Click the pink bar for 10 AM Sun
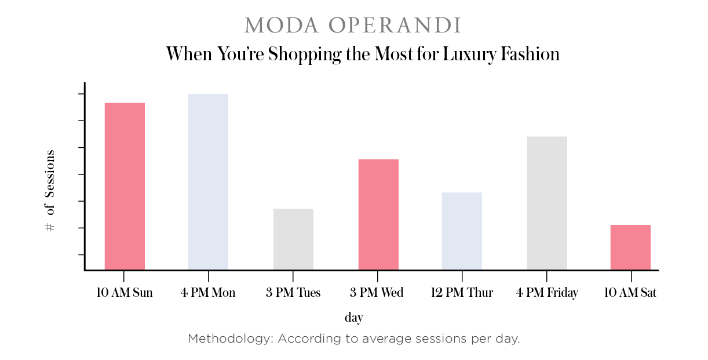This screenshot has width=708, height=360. (x=125, y=186)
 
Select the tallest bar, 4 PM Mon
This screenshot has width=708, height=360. (x=209, y=181)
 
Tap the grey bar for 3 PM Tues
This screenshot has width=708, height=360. (x=293, y=239)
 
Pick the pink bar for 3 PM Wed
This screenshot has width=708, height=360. (x=378, y=214)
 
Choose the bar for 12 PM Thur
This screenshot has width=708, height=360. (x=462, y=231)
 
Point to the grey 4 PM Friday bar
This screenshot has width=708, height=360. (x=547, y=203)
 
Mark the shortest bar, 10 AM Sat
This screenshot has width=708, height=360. (x=630, y=247)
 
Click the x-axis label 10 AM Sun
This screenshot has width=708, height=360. (x=124, y=292)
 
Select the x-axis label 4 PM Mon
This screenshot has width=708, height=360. (x=208, y=292)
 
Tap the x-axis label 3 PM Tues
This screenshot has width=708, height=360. (x=293, y=292)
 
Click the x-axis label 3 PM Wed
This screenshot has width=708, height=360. (x=377, y=292)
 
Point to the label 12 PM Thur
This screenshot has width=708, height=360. (x=462, y=292)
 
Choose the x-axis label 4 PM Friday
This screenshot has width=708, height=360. (x=547, y=293)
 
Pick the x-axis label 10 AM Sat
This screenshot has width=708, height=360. (x=630, y=292)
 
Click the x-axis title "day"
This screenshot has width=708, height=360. (x=353, y=318)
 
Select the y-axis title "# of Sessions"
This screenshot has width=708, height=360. (x=50, y=191)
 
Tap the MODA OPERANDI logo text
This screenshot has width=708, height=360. (x=353, y=26)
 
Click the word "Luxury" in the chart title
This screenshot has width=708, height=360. (x=469, y=54)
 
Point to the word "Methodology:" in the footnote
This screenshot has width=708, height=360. (x=231, y=339)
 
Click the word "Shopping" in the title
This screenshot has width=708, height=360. (x=305, y=54)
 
